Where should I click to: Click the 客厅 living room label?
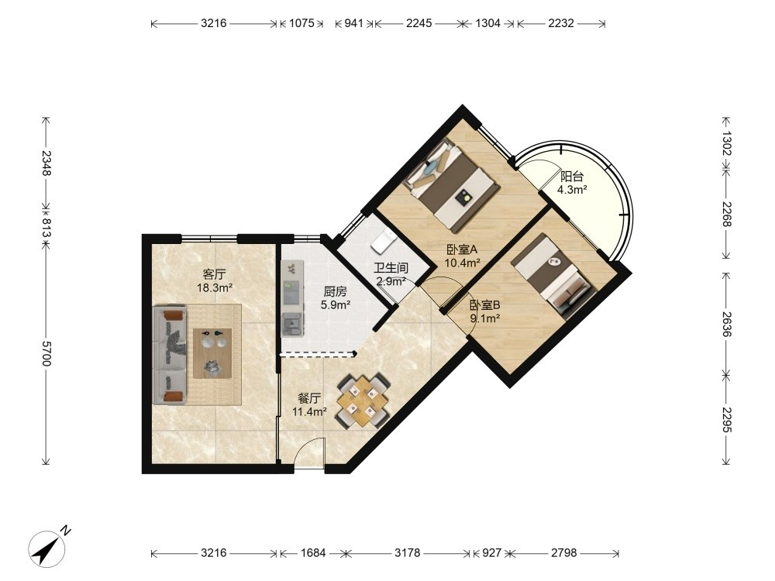coord(215,274)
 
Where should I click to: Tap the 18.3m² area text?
coord(215,287)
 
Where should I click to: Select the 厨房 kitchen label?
coord(335,291)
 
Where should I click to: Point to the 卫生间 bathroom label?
coord(391,268)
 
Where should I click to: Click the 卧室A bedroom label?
coord(462,249)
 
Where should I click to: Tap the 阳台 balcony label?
coord(572,177)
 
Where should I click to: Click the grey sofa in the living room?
coord(170,355)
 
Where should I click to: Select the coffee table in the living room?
coord(212,353)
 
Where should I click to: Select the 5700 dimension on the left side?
coord(46,353)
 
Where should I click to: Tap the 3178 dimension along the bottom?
coord(408,552)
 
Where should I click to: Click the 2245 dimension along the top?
coord(419,23)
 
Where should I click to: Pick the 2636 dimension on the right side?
coord(726,324)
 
